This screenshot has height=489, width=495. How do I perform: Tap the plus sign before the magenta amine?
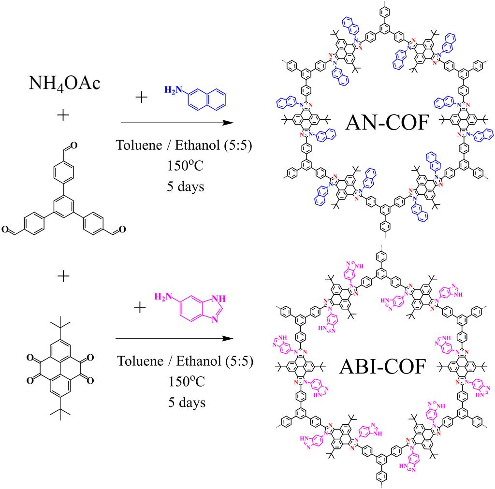140,307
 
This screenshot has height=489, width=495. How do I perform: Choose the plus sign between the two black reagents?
63,276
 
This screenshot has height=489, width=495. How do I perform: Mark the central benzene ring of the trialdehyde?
64,208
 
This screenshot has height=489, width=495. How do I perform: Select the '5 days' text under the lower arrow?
184,402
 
